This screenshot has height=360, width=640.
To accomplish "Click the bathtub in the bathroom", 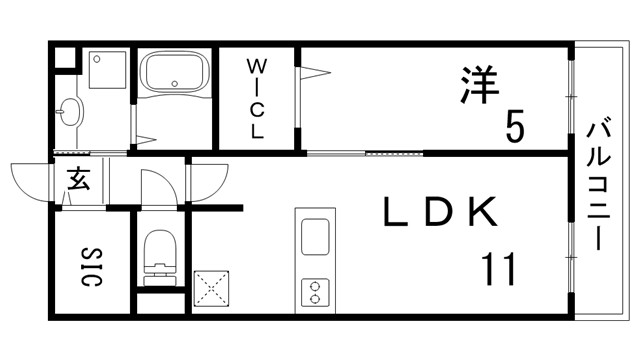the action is (x=173, y=74).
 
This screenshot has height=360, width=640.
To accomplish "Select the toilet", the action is (x=158, y=253).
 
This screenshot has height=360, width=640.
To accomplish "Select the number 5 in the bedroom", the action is (x=514, y=126).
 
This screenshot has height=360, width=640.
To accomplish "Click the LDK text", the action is (x=440, y=212).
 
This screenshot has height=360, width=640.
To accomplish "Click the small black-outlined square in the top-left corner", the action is (x=62, y=56).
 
